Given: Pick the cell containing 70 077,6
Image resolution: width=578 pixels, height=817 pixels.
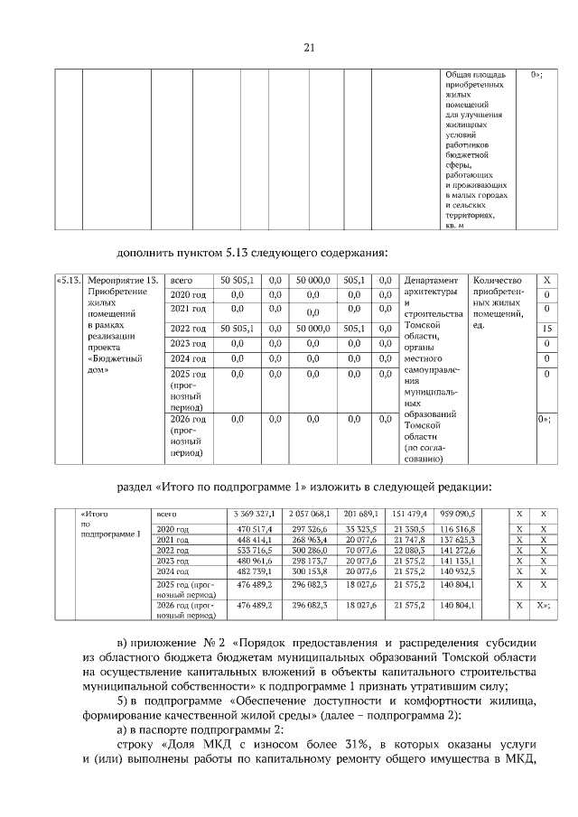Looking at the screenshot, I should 359,550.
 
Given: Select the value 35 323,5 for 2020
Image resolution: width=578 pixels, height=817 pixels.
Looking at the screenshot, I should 359,528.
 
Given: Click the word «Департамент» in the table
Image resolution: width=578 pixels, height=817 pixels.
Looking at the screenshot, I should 433,281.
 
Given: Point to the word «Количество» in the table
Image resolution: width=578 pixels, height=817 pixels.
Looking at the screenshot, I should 498,281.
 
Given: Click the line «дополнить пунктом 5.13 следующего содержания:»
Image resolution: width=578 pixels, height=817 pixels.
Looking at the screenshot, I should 252,251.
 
